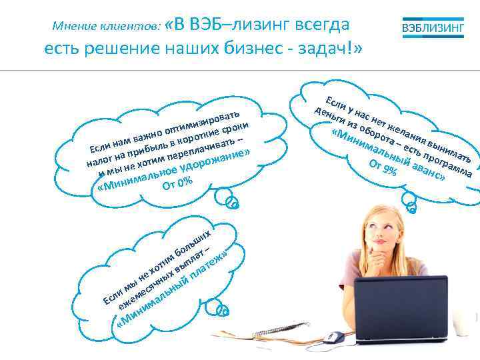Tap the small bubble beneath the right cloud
coord(411,207)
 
